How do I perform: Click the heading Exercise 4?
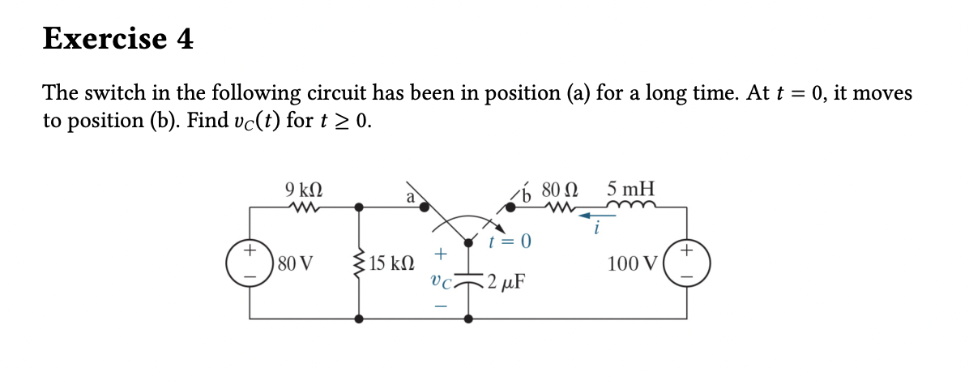coord(118,38)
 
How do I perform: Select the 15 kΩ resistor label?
coord(392,264)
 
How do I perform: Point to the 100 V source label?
coord(633,264)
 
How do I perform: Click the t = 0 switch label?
coord(510,242)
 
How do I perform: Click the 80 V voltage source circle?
coord(250,263)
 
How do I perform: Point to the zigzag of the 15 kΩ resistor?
coord(358,264)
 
